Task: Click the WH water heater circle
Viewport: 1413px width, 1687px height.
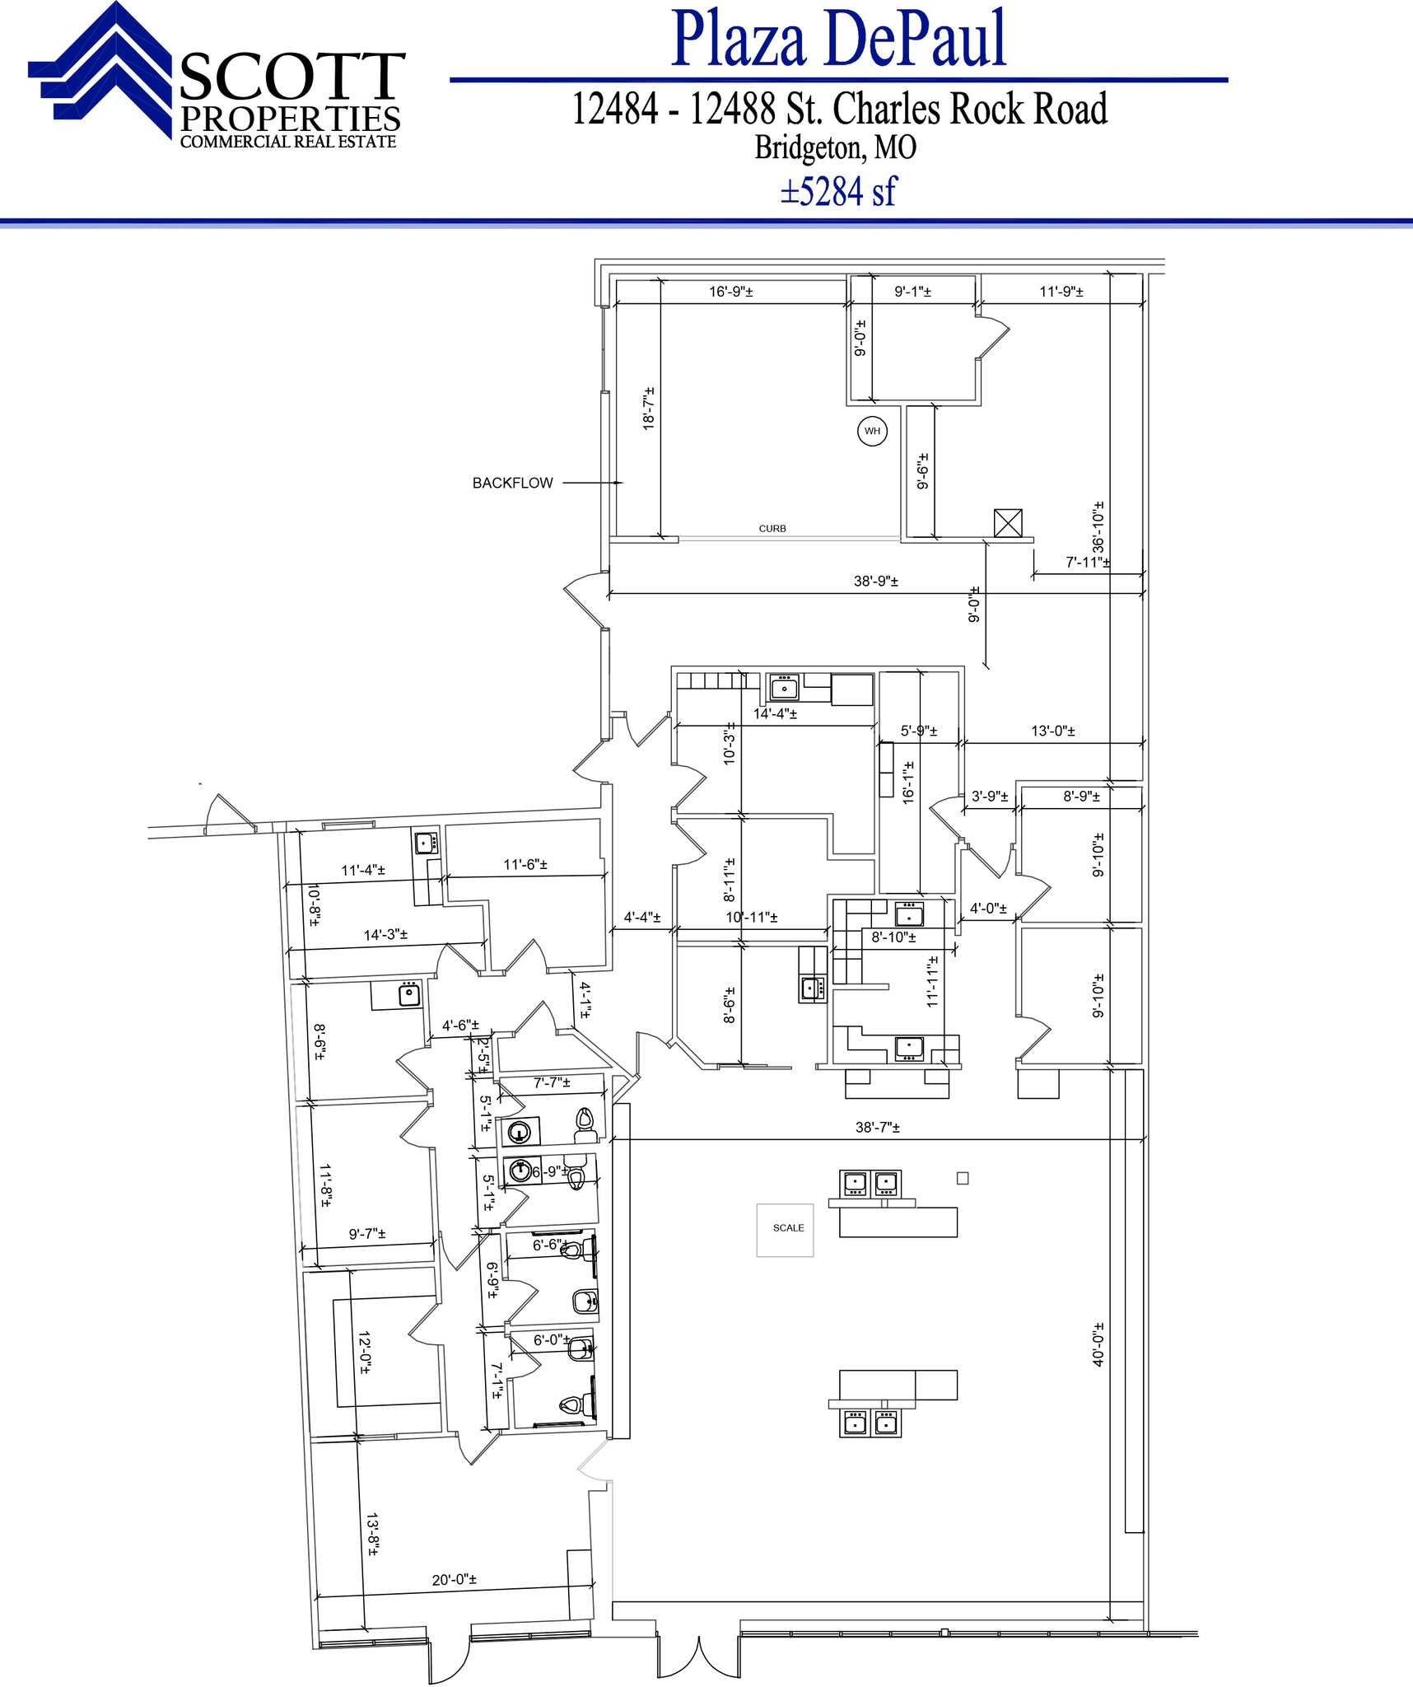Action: tap(872, 431)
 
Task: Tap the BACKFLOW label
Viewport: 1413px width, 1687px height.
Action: tap(512, 484)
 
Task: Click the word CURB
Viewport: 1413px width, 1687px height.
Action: tap(772, 529)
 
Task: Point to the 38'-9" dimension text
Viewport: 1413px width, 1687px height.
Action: tap(875, 582)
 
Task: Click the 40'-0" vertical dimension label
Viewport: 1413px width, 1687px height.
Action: tap(1098, 1345)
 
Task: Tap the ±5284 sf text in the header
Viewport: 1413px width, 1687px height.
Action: tap(838, 192)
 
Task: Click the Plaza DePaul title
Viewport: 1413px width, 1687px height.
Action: tap(838, 40)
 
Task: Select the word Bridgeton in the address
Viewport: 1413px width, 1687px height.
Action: tap(809, 148)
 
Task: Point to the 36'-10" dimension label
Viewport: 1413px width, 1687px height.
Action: tap(1098, 527)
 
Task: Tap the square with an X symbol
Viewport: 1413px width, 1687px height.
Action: tap(1008, 523)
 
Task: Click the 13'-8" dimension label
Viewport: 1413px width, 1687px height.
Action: tap(372, 1534)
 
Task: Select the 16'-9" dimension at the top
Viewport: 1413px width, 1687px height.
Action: tap(730, 292)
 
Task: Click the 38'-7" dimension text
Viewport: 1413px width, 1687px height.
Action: tap(877, 1128)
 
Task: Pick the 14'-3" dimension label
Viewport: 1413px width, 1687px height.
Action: tap(385, 935)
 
